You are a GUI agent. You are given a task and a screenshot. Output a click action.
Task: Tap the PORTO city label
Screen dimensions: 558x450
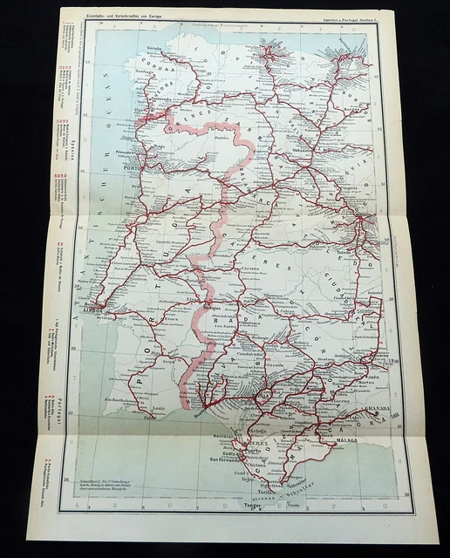pos(133,168)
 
